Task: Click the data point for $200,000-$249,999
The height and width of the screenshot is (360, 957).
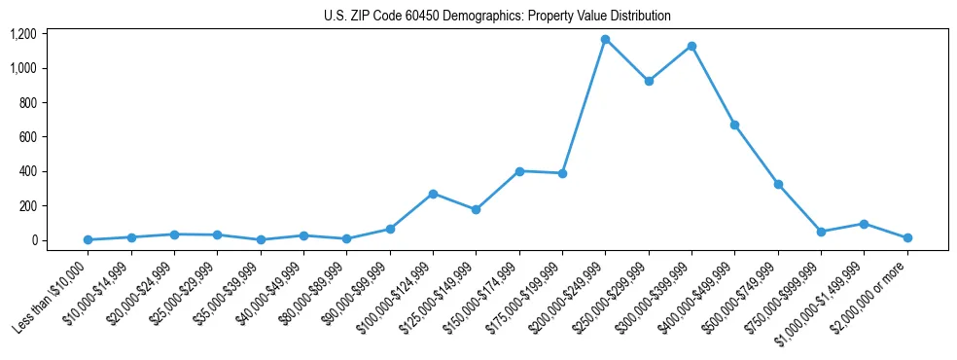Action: pyautogui.click(x=605, y=40)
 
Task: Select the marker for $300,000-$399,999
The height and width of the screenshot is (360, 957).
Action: pyautogui.click(x=691, y=47)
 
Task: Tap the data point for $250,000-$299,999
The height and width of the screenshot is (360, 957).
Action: pyautogui.click(x=649, y=81)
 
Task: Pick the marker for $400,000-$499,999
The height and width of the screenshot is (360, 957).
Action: pyautogui.click(x=734, y=125)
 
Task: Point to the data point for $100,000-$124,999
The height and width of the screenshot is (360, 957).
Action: pyautogui.click(x=433, y=194)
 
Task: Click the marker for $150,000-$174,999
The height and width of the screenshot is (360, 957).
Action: pyautogui.click(x=519, y=171)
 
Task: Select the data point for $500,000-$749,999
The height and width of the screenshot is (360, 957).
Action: pyautogui.click(x=778, y=184)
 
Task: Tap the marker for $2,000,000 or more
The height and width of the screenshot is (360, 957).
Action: pyautogui.click(x=906, y=237)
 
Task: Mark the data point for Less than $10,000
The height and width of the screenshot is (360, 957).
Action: pyautogui.click(x=88, y=239)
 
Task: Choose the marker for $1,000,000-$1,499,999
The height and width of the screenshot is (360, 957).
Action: pyautogui.click(x=864, y=224)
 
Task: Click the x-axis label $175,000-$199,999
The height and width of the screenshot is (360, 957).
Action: pyautogui.click(x=525, y=296)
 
